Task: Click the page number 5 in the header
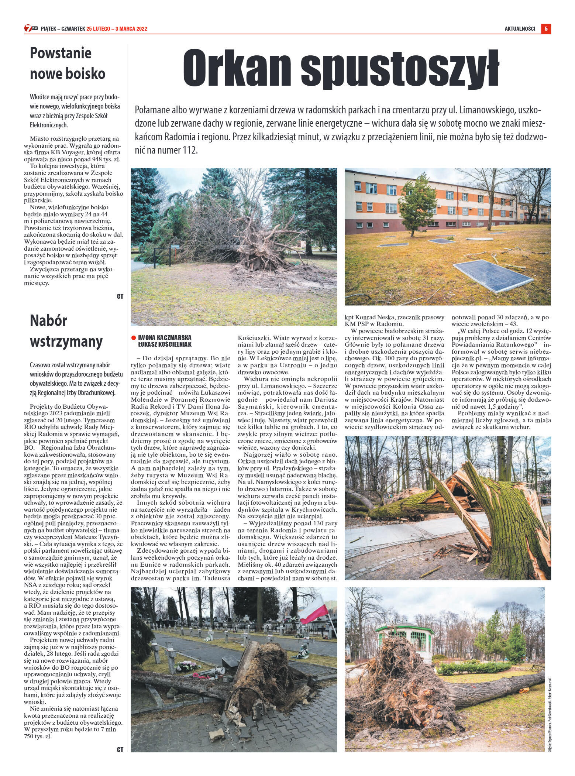(546, 29)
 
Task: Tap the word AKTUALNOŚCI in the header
(520, 30)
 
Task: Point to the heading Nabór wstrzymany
(66, 331)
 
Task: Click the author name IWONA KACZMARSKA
(165, 337)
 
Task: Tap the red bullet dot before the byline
(134, 337)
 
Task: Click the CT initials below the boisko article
(120, 296)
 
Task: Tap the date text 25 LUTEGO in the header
(98, 30)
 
